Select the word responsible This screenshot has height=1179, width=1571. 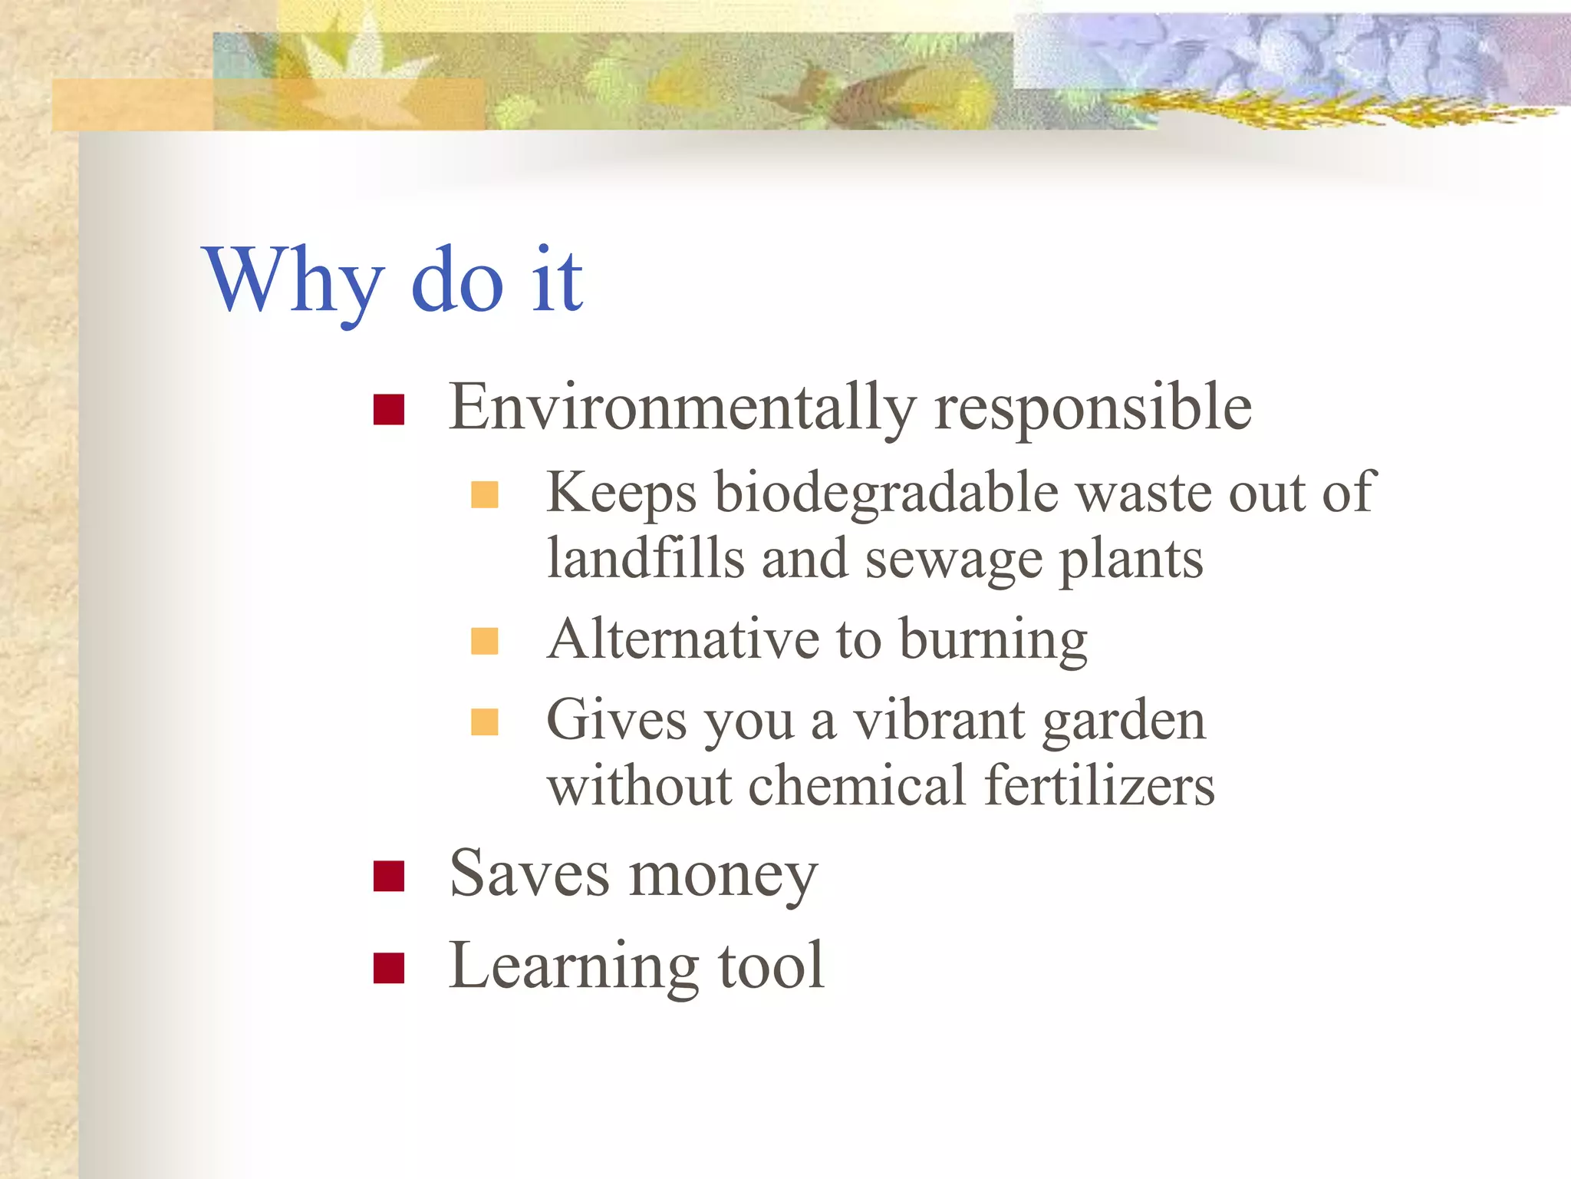tap(1093, 408)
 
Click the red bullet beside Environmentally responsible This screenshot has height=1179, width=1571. tap(389, 410)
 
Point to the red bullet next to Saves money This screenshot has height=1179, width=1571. tap(389, 876)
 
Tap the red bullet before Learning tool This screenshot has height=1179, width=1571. tap(389, 968)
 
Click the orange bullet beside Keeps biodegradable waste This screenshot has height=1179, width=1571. tap(485, 495)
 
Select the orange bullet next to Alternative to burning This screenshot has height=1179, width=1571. tap(485, 641)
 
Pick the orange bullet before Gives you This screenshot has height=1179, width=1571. tap(485, 722)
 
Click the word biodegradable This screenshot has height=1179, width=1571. tap(887, 494)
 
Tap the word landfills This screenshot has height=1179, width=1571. tap(645, 558)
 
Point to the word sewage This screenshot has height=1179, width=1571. tap(953, 561)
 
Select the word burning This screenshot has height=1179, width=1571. tap(993, 640)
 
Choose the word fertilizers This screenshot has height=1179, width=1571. tap(1099, 786)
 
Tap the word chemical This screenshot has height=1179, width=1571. tap(857, 786)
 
